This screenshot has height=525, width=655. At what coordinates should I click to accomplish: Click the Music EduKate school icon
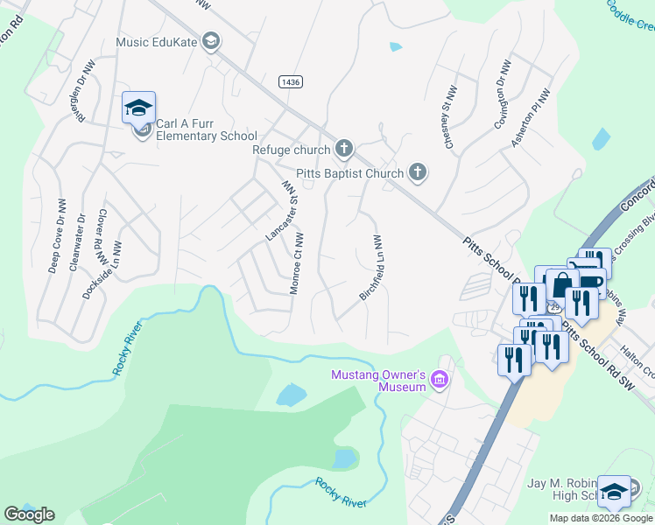pos(211,41)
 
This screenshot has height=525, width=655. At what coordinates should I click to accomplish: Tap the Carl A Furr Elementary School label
pos(200,129)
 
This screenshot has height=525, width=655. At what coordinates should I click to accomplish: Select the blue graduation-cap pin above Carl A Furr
pos(138,108)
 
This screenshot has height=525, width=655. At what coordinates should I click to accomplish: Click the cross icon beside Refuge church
pos(344,150)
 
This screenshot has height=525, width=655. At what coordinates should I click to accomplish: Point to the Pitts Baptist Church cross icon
pos(418,173)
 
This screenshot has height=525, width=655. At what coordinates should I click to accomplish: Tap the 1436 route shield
pos(291,81)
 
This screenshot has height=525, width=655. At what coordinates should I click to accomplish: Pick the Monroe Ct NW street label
pos(298,263)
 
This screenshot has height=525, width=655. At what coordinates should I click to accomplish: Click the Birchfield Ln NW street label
pos(372,268)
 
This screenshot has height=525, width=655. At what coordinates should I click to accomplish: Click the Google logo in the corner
pos(29,514)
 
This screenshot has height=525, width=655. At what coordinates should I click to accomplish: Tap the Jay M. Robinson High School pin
pos(614,492)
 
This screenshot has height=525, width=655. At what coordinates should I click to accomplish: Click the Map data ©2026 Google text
pos(601,518)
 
